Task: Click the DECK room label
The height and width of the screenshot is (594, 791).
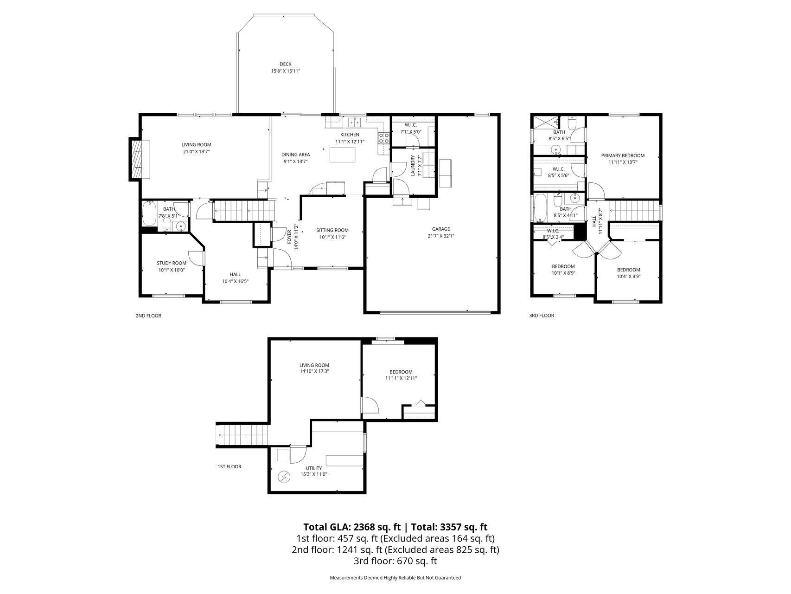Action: [286, 64]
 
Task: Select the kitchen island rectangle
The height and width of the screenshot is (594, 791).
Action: [342, 155]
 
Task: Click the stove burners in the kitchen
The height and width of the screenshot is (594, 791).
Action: [383, 137]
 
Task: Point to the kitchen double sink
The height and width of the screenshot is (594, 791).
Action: [355, 123]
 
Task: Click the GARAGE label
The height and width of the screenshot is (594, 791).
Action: [441, 229]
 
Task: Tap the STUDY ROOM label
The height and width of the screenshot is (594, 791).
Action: [172, 263]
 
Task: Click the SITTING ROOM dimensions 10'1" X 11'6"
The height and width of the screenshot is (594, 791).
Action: [332, 237]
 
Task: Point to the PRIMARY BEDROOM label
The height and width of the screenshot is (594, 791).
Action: [623, 155]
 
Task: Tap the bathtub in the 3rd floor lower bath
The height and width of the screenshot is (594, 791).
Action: [541, 208]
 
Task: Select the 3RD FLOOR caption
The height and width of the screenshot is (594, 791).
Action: [542, 316]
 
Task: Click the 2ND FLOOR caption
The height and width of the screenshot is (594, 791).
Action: [148, 316]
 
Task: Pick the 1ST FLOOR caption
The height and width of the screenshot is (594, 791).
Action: [230, 466]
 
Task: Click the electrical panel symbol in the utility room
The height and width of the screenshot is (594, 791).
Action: [283, 477]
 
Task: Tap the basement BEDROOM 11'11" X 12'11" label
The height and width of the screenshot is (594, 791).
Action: [401, 375]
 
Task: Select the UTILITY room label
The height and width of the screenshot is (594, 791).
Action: [314, 468]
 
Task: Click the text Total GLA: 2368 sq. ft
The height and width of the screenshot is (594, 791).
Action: [352, 527]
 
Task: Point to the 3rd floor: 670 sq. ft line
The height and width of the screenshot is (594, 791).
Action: [395, 561]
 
